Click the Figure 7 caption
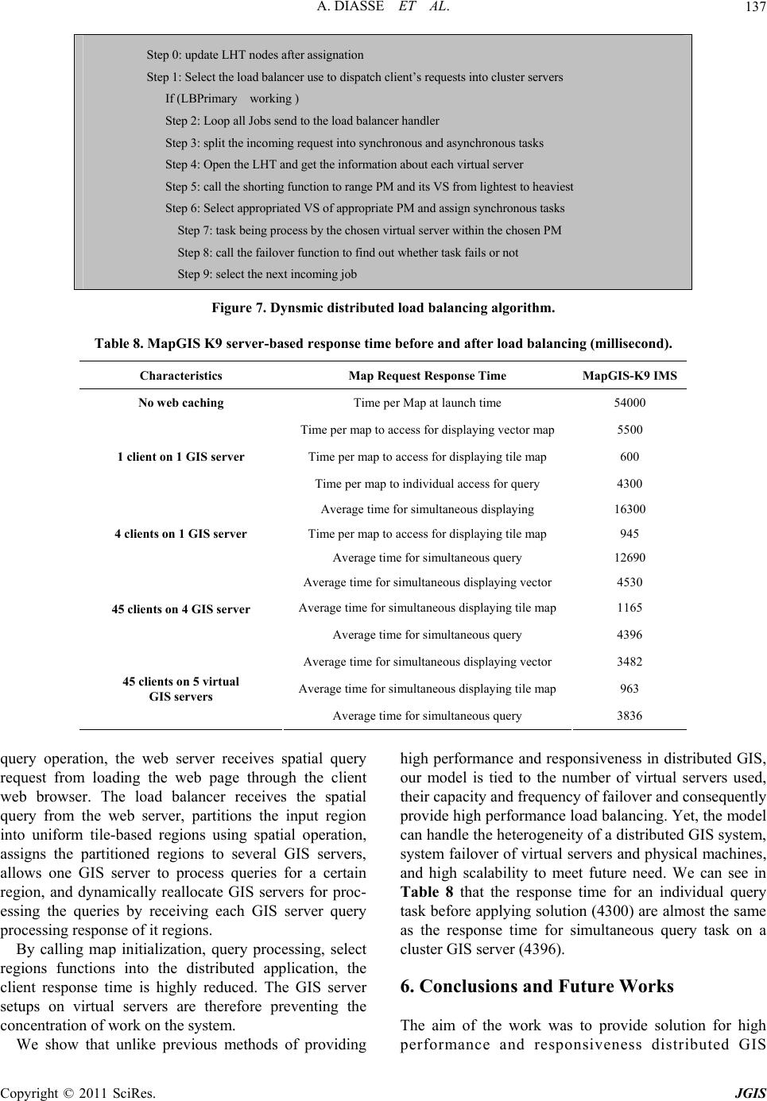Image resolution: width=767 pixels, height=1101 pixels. pyautogui.click(x=383, y=307)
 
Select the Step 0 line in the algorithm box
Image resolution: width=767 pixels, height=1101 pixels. pyautogui.click(x=255, y=55)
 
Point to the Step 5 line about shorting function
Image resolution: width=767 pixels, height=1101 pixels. pyautogui.click(x=369, y=187)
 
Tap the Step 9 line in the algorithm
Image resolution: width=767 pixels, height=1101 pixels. pyautogui.click(x=267, y=274)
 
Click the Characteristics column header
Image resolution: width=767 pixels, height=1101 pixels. pyautogui.click(x=180, y=375)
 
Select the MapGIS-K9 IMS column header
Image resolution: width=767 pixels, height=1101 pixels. pyautogui.click(x=629, y=375)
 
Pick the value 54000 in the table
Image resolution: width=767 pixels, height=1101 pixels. pyautogui.click(x=629, y=403)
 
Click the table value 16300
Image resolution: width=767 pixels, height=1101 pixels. pyautogui.click(x=629, y=509)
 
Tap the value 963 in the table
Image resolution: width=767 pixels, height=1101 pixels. pyautogui.click(x=629, y=689)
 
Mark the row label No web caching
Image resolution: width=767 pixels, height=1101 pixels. pyautogui.click(x=180, y=403)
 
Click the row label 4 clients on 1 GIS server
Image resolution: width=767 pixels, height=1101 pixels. pyautogui.click(x=180, y=535)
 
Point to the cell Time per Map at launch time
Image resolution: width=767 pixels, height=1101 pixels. pyautogui.click(x=427, y=403)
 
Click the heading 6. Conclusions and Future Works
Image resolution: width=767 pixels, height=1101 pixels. pyautogui.click(x=537, y=987)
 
